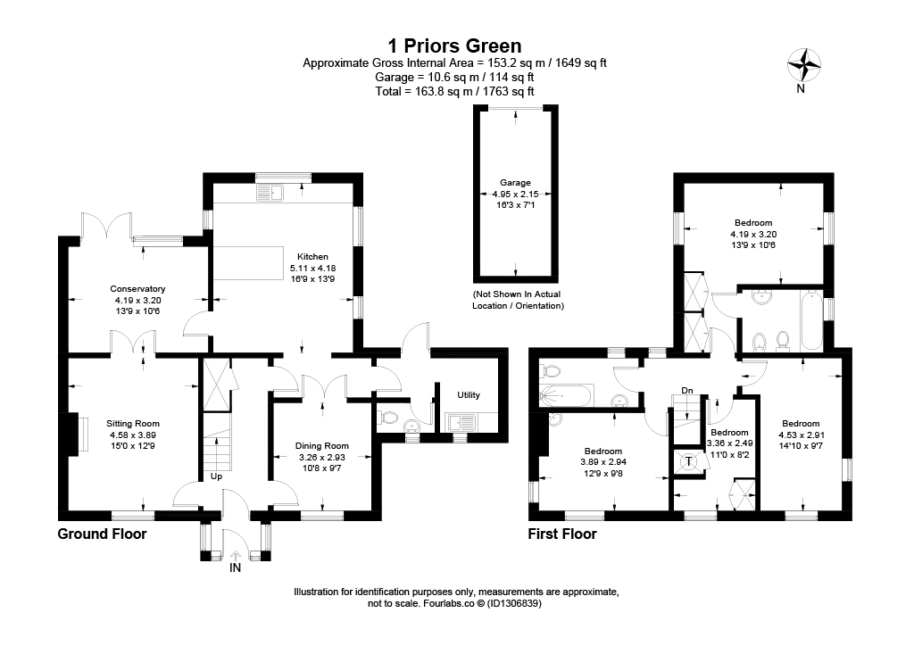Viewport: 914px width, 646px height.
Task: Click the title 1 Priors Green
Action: click(x=454, y=46)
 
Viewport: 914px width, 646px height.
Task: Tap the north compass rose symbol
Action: click(x=804, y=64)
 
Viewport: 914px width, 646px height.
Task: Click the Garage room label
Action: click(x=515, y=182)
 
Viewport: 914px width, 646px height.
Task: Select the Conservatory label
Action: click(x=137, y=289)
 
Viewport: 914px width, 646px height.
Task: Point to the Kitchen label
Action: click(x=313, y=257)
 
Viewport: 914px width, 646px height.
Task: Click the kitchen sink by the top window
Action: click(x=270, y=192)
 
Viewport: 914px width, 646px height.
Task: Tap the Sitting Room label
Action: click(x=133, y=424)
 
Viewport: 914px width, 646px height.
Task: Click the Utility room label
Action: click(x=469, y=395)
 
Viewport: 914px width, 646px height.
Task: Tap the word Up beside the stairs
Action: click(x=216, y=476)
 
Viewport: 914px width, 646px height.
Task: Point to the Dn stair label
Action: click(x=688, y=390)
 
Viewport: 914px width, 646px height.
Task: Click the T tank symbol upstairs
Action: click(x=689, y=462)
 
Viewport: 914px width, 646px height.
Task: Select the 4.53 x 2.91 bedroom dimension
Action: click(x=801, y=435)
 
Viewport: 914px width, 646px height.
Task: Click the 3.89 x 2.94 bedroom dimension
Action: click(x=603, y=462)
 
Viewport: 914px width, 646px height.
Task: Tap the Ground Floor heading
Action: click(x=102, y=534)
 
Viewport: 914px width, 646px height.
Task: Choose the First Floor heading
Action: click(x=562, y=534)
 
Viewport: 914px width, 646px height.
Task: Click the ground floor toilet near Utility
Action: click(x=386, y=418)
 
